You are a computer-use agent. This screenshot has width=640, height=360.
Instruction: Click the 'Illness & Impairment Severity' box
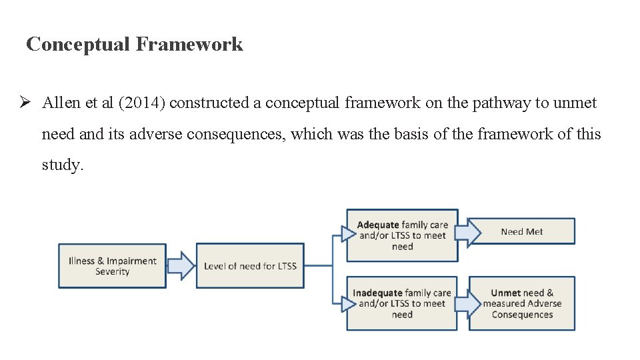[112, 266]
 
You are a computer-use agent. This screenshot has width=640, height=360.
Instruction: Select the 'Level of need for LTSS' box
[250, 266]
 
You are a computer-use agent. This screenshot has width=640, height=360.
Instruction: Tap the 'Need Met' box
[522, 231]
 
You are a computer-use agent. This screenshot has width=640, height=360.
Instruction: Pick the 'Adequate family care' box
[402, 235]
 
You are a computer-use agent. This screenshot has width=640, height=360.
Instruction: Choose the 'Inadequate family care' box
[402, 303]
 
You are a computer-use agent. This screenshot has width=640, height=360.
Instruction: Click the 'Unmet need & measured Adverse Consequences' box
[522, 303]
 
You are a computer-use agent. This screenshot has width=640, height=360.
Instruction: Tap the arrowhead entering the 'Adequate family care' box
[348, 233]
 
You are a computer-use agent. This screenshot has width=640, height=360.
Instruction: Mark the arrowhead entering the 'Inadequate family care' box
[348, 303]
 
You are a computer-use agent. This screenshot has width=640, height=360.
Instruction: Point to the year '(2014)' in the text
[142, 103]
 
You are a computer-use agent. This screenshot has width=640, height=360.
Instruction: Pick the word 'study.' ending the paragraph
[63, 165]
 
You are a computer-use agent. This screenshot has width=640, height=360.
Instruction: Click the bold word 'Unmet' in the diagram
[505, 293]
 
